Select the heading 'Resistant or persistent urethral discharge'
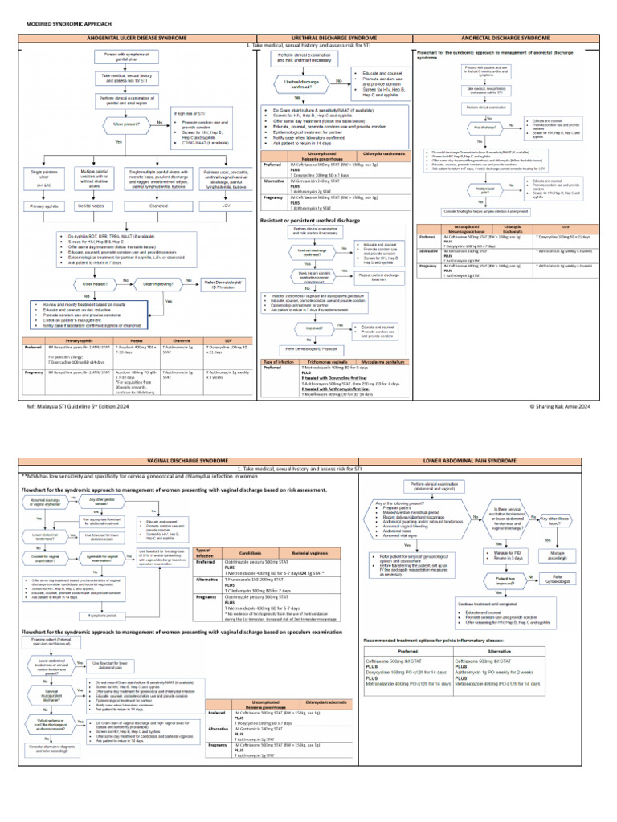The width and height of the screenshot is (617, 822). pyautogui.click(x=315, y=220)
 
